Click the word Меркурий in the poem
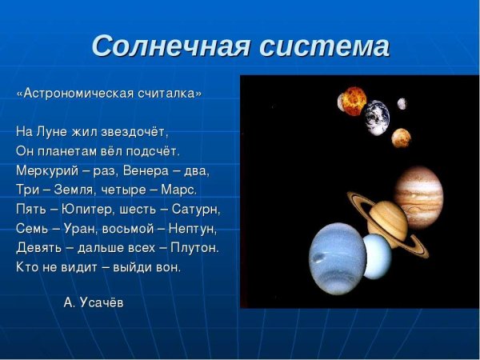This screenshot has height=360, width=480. tap(43, 170)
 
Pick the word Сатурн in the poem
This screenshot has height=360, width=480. tap(195, 209)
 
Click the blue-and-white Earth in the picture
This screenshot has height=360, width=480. tap(376, 117)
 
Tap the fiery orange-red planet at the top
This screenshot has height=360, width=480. tap(352, 102)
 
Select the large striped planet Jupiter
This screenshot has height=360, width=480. tap(418, 197)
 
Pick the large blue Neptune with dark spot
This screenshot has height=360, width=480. tap(337, 258)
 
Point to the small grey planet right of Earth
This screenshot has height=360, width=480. tap(402, 103)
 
